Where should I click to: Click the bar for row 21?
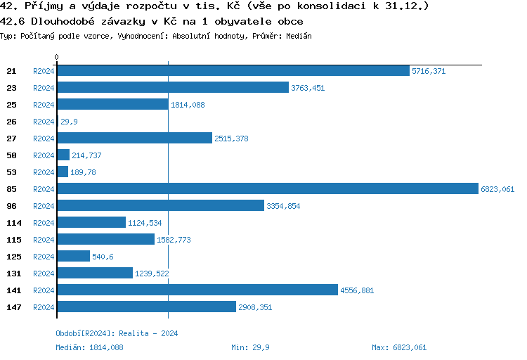coord(233,71)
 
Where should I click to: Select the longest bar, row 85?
coord(267,189)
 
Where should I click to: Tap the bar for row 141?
coord(197,290)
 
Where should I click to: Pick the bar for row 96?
coord(161,206)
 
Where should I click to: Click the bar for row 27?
coord(134,139)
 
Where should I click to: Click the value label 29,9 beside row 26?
coord(69,122)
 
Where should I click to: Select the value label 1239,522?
coord(152,274)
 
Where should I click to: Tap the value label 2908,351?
coord(255,307)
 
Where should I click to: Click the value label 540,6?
coord(103,257)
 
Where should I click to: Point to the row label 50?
coord(11,155)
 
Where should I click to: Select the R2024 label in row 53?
coord(44,172)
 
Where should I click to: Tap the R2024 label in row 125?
coord(44,257)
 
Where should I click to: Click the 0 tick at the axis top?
coord(57,57)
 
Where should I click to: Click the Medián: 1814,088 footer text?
coord(89,347)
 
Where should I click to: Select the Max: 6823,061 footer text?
coord(398,347)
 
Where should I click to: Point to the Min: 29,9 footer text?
coord(251,347)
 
